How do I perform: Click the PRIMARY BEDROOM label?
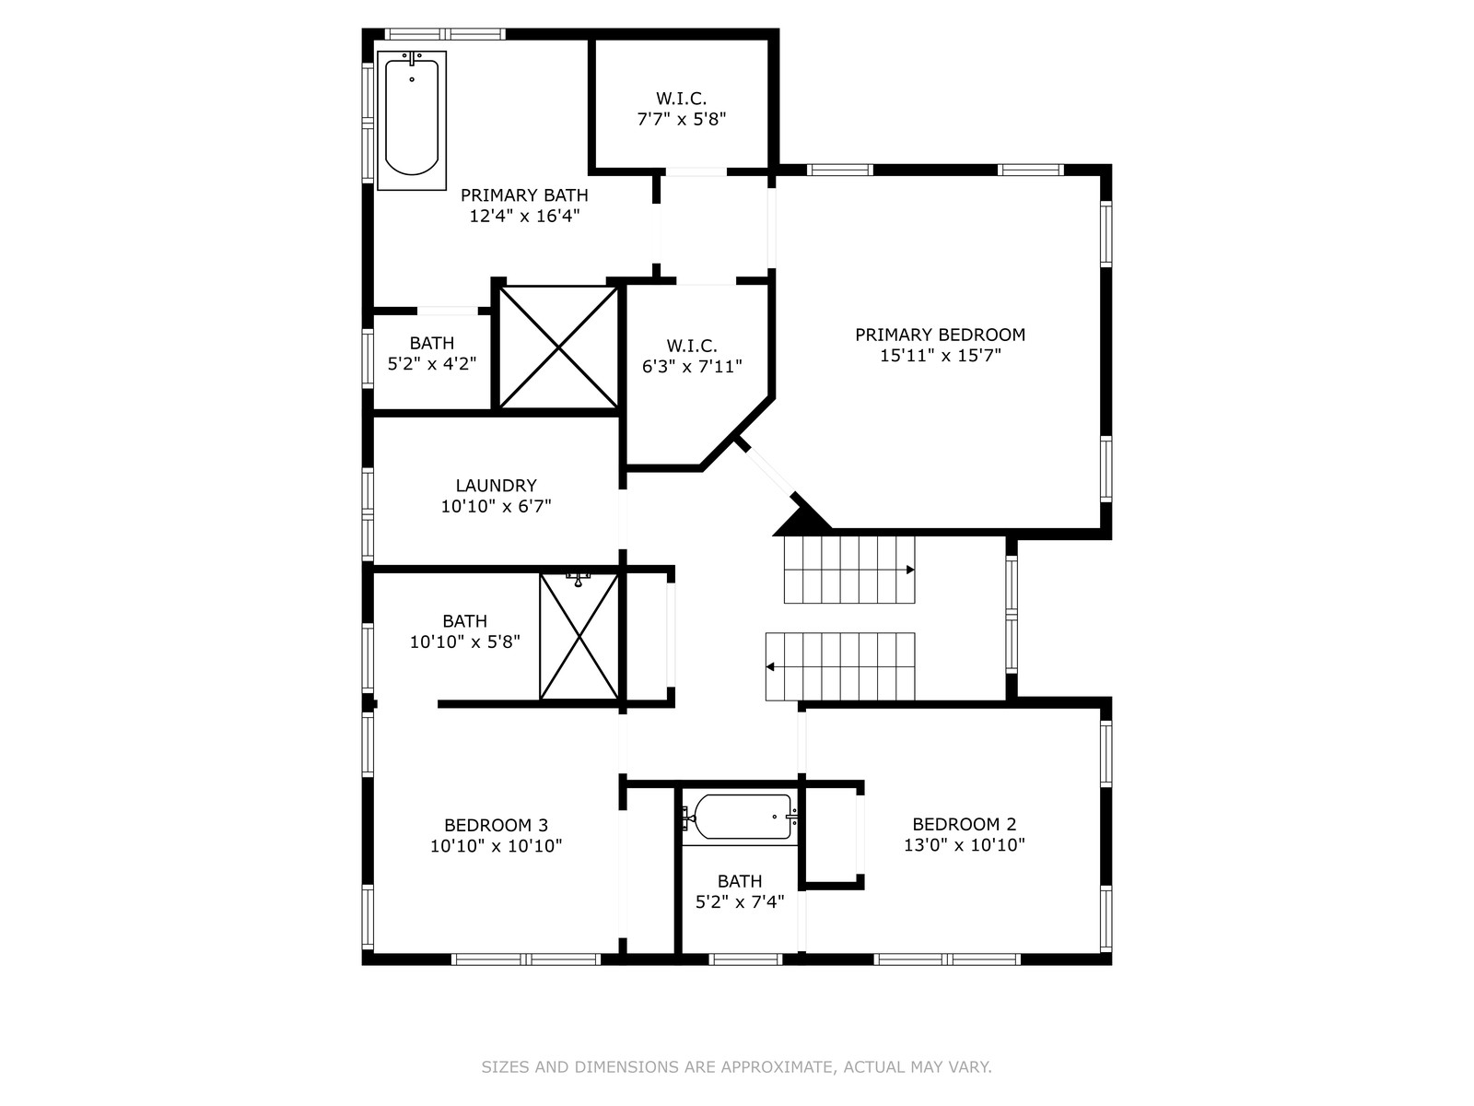coord(940,335)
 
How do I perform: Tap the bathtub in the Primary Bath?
coord(412,120)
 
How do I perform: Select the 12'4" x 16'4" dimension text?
coord(524,217)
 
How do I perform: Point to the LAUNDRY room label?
coord(497,486)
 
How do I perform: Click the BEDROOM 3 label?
coord(497,825)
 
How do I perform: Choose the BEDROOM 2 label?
coord(965,824)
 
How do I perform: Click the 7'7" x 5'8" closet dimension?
coord(682,120)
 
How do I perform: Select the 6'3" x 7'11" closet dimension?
coord(692,367)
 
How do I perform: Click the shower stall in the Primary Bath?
coord(558,347)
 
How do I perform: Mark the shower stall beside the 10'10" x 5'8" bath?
coord(579,637)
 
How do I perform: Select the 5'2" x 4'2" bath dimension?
coord(432,364)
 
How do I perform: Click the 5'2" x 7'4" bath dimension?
coord(740,902)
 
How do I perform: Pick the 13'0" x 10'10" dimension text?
coord(965,845)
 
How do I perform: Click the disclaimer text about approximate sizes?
coord(736,1067)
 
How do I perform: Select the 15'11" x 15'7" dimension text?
coord(941,355)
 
